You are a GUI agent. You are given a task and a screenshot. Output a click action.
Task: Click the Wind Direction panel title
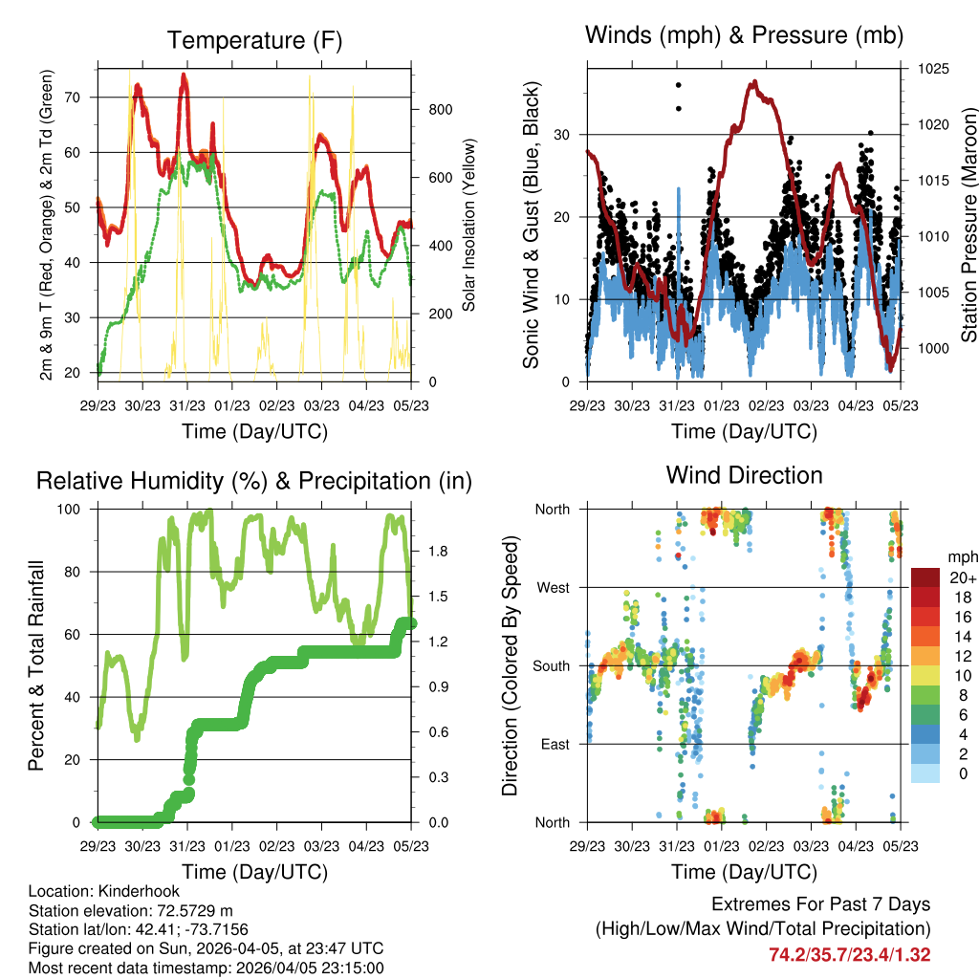744,475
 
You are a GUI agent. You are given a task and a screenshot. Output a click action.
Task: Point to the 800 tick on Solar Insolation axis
441,110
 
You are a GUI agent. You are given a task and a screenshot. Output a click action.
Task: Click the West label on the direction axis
552,588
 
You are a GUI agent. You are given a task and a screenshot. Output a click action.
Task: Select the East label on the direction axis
553,745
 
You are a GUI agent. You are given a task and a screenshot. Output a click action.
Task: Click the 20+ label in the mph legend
962,577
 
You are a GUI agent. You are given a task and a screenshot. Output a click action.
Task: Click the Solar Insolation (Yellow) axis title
469,225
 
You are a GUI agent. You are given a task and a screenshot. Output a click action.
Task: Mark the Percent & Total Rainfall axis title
35,666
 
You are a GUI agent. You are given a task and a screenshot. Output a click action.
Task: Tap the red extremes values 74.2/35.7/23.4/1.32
849,955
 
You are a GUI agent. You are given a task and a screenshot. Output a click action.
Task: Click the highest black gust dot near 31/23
678,85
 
